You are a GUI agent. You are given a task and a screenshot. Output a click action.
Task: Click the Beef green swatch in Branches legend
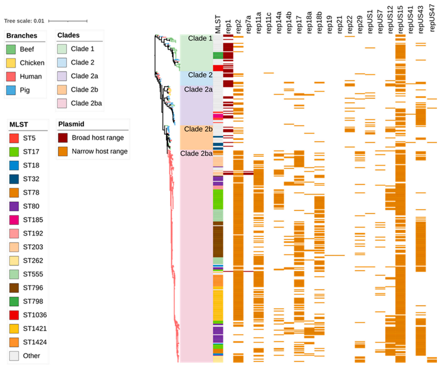[11, 49]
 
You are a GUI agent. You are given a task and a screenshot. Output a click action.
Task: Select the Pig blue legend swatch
[11, 90]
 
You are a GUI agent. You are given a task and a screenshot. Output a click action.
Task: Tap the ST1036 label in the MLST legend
[35, 315]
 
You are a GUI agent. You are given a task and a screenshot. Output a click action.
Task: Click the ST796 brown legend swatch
[14, 288]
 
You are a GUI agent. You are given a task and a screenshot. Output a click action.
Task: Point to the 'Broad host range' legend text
[98, 137]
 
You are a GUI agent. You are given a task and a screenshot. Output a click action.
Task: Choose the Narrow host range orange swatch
[63, 151]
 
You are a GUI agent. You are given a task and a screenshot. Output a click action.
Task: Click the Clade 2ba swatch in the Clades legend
[62, 103]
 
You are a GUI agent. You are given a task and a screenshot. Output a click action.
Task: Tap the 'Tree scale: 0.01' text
[24, 21]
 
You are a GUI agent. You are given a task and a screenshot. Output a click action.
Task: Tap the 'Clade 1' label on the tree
[200, 38]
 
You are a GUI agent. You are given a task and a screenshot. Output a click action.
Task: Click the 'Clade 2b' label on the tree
[198, 129]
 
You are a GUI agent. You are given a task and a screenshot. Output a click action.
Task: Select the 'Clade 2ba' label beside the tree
[196, 153]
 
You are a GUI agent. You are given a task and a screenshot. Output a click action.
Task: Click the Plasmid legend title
[71, 124]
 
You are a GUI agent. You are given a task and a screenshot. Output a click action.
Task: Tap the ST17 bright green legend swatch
[14, 152]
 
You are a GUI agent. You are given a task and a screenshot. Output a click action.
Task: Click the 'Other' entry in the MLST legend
[31, 355]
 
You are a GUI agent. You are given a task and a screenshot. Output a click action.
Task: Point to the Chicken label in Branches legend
[32, 63]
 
